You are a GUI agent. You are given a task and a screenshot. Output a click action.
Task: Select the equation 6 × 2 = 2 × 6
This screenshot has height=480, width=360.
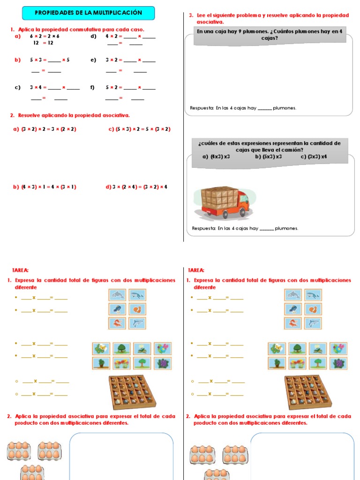point(45,36)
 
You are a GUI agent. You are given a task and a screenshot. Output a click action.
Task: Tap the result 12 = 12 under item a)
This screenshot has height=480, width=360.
point(43,43)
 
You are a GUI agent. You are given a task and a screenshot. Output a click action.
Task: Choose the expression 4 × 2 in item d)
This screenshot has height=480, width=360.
point(113,36)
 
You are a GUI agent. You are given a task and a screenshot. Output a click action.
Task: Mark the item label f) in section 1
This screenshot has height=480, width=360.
point(92,87)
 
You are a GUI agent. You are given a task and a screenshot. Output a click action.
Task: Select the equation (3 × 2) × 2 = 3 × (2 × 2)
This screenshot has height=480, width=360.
point(49,129)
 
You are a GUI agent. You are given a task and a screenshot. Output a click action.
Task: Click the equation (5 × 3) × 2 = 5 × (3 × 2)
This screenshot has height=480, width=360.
point(143,129)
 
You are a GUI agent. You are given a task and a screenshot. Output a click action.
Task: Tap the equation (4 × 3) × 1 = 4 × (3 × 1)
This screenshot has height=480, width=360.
point(49,187)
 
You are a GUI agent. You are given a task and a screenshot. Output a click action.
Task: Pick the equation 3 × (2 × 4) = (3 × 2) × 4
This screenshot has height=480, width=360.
point(140,187)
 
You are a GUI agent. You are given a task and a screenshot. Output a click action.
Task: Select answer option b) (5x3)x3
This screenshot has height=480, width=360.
point(269,157)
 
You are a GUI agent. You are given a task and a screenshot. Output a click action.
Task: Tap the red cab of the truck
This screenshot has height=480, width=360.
point(242,201)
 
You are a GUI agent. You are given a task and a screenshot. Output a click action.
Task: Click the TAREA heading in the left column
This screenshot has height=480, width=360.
point(20,270)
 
